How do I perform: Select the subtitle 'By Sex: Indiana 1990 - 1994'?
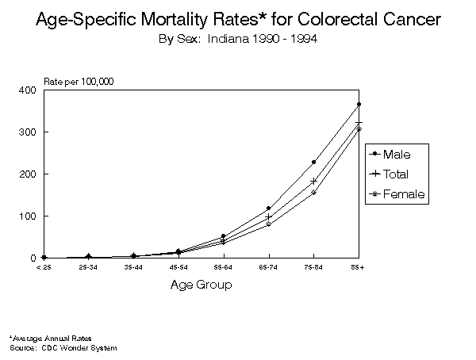(x=238, y=38)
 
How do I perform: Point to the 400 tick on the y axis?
(x=28, y=90)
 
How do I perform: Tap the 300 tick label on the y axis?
(x=28, y=132)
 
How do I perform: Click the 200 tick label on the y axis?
(x=28, y=174)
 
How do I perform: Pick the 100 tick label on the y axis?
(x=28, y=216)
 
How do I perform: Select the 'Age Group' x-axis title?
(x=202, y=285)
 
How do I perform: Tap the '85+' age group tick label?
(x=359, y=268)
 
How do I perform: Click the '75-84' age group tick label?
(x=313, y=268)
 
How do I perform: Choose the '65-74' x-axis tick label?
(x=269, y=268)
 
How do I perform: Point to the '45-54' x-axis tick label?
(x=178, y=268)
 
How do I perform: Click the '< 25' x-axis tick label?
(x=44, y=268)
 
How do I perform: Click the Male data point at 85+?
(x=359, y=104)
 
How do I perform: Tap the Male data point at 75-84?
(x=313, y=162)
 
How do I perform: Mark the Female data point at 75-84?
(x=313, y=193)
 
